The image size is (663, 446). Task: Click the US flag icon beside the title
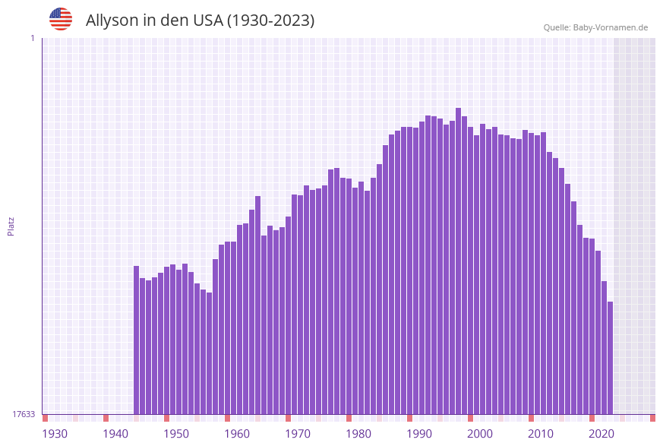pos(61,19)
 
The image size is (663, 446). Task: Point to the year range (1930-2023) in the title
pos(270,21)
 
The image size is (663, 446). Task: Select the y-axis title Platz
pos(11,226)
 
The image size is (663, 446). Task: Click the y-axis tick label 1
pos(33,38)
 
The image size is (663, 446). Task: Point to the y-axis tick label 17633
pos(24,414)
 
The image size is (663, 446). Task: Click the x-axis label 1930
pos(55,434)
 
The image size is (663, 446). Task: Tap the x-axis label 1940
pos(115,434)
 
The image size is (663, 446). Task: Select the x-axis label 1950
pos(176,434)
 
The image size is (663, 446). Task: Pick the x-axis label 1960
pos(237,434)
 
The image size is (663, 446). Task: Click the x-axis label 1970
pos(298,434)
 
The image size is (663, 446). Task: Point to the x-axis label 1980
pos(358,434)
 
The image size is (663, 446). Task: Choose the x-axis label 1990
pos(419,434)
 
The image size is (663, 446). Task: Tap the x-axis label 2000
pos(480,434)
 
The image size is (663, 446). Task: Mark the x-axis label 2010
pos(541,434)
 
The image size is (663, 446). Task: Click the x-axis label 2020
pos(601,434)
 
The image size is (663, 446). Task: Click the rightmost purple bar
pos(610,357)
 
